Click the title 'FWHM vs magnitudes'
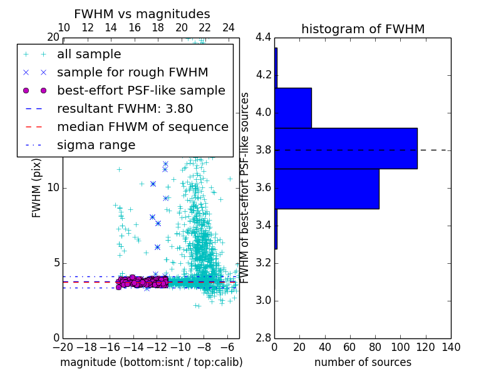pyautogui.click(x=142, y=14)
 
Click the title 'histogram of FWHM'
pyautogui.click(x=363, y=29)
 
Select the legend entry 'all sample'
pyautogui.click(x=89, y=55)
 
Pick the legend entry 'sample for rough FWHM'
pyautogui.click(x=132, y=72)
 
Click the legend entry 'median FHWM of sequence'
pyautogui.click(x=142, y=127)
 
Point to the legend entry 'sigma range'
pyautogui.click(x=96, y=145)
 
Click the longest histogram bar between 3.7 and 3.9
pyautogui.click(x=346, y=149)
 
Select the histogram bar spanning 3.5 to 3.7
pyautogui.click(x=327, y=189)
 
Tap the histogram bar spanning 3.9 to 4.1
pyautogui.click(x=293, y=108)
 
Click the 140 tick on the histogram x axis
pyautogui.click(x=450, y=347)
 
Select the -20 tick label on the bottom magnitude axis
pyautogui.click(x=63, y=347)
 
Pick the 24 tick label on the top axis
pyautogui.click(x=229, y=28)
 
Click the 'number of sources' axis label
pyautogui.click(x=363, y=362)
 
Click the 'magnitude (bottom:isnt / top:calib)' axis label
pyautogui.click(x=151, y=362)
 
